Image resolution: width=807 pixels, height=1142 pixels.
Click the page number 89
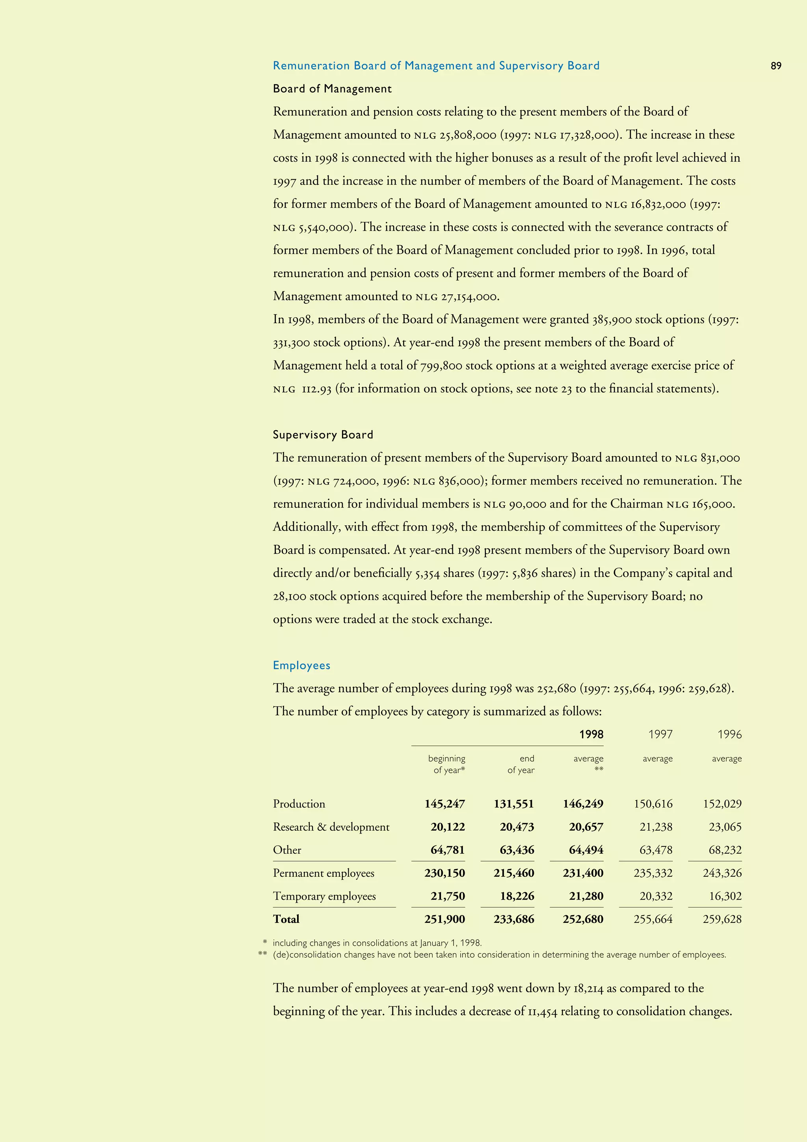[776, 66]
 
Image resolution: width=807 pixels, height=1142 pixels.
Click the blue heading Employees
[301, 666]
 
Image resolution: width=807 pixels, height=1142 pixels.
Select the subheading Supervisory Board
[323, 435]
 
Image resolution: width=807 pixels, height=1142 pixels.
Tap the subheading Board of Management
[332, 89]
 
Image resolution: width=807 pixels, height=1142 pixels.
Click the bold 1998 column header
[591, 735]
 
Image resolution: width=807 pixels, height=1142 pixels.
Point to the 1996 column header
[729, 735]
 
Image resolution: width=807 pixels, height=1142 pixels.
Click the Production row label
[299, 804]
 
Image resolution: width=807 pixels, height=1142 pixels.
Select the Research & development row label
[331, 827]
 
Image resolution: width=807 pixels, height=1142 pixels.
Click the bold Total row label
[286, 919]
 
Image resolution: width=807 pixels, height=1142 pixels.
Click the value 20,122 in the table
[448, 827]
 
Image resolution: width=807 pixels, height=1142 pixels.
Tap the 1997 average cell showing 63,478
[655, 850]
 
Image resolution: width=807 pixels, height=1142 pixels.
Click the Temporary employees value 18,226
[517, 896]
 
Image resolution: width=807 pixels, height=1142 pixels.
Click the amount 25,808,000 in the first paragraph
[467, 135]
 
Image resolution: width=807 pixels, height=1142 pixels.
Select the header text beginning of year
[446, 764]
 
